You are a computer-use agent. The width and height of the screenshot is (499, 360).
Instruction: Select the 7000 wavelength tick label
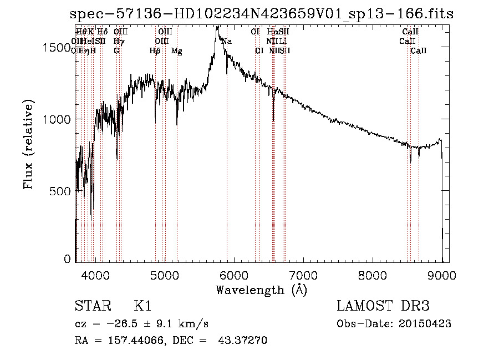pyautogui.click(x=303, y=275)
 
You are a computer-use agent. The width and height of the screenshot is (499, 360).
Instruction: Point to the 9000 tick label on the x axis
pyautogui.click(x=442, y=275)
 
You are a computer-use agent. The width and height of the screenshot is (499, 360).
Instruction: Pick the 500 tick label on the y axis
pyautogui.click(x=62, y=191)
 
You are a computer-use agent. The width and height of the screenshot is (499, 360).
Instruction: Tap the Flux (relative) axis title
pyautogui.click(x=28, y=144)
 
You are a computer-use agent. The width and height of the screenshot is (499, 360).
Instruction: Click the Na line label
pyautogui.click(x=227, y=41)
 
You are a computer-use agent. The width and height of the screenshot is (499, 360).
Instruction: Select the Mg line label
pyautogui.click(x=177, y=51)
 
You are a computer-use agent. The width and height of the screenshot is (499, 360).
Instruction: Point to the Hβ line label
pyautogui.click(x=155, y=51)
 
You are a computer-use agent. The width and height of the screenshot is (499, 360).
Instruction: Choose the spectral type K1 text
pyautogui.click(x=142, y=306)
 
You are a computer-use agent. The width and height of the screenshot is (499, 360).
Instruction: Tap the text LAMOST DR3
pyautogui.click(x=383, y=306)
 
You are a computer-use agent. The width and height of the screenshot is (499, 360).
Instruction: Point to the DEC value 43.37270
pyautogui.click(x=245, y=341)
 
